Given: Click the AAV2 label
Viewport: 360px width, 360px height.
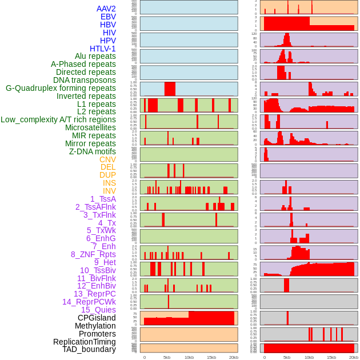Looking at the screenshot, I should click(x=106, y=9).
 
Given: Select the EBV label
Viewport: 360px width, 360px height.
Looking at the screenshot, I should click(x=108, y=17).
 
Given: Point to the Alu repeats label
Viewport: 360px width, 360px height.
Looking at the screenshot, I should click(x=95, y=56).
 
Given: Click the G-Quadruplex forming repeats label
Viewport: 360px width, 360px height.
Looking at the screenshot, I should click(x=61, y=88).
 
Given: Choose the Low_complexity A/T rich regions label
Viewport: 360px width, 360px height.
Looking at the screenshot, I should click(x=58, y=119).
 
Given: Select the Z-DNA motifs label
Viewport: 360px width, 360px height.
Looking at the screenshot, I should click(x=92, y=151).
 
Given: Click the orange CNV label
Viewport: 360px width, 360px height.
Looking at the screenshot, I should click(x=107, y=159).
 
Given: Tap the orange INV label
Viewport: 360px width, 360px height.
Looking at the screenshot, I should click(x=109, y=191).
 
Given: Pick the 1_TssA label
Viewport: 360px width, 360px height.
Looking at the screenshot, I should click(x=103, y=199).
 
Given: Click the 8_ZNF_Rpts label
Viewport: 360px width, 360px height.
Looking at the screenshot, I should click(x=93, y=254).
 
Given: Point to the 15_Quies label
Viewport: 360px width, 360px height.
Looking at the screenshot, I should click(x=98, y=310).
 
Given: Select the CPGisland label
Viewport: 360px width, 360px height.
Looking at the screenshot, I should click(x=97, y=318).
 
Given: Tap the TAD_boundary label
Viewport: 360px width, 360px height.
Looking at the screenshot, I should click(x=89, y=349).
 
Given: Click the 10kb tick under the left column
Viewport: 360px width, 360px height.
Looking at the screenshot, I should click(x=189, y=357).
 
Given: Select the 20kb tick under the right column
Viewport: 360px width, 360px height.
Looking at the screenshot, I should click(x=354, y=357).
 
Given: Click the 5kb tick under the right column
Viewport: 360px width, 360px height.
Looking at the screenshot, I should click(x=287, y=357).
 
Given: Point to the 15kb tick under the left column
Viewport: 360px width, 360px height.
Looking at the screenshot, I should click(x=211, y=357).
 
